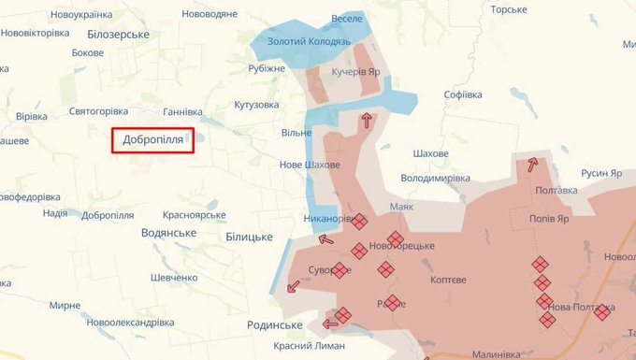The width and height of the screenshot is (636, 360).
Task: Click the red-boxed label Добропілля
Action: tap(153, 140)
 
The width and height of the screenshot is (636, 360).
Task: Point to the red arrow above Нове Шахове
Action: tap(366, 119)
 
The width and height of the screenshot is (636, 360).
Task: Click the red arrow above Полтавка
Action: tap(532, 165)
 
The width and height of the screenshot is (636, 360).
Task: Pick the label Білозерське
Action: tap(118, 34)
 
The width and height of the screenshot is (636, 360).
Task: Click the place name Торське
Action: tap(509, 9)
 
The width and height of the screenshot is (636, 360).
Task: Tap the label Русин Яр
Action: tap(601, 173)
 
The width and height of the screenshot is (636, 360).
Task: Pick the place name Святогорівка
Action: tap(97, 111)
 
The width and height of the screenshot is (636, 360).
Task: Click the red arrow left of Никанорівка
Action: tap(326, 239)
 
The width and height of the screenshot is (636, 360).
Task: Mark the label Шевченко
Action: tap(174, 278)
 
